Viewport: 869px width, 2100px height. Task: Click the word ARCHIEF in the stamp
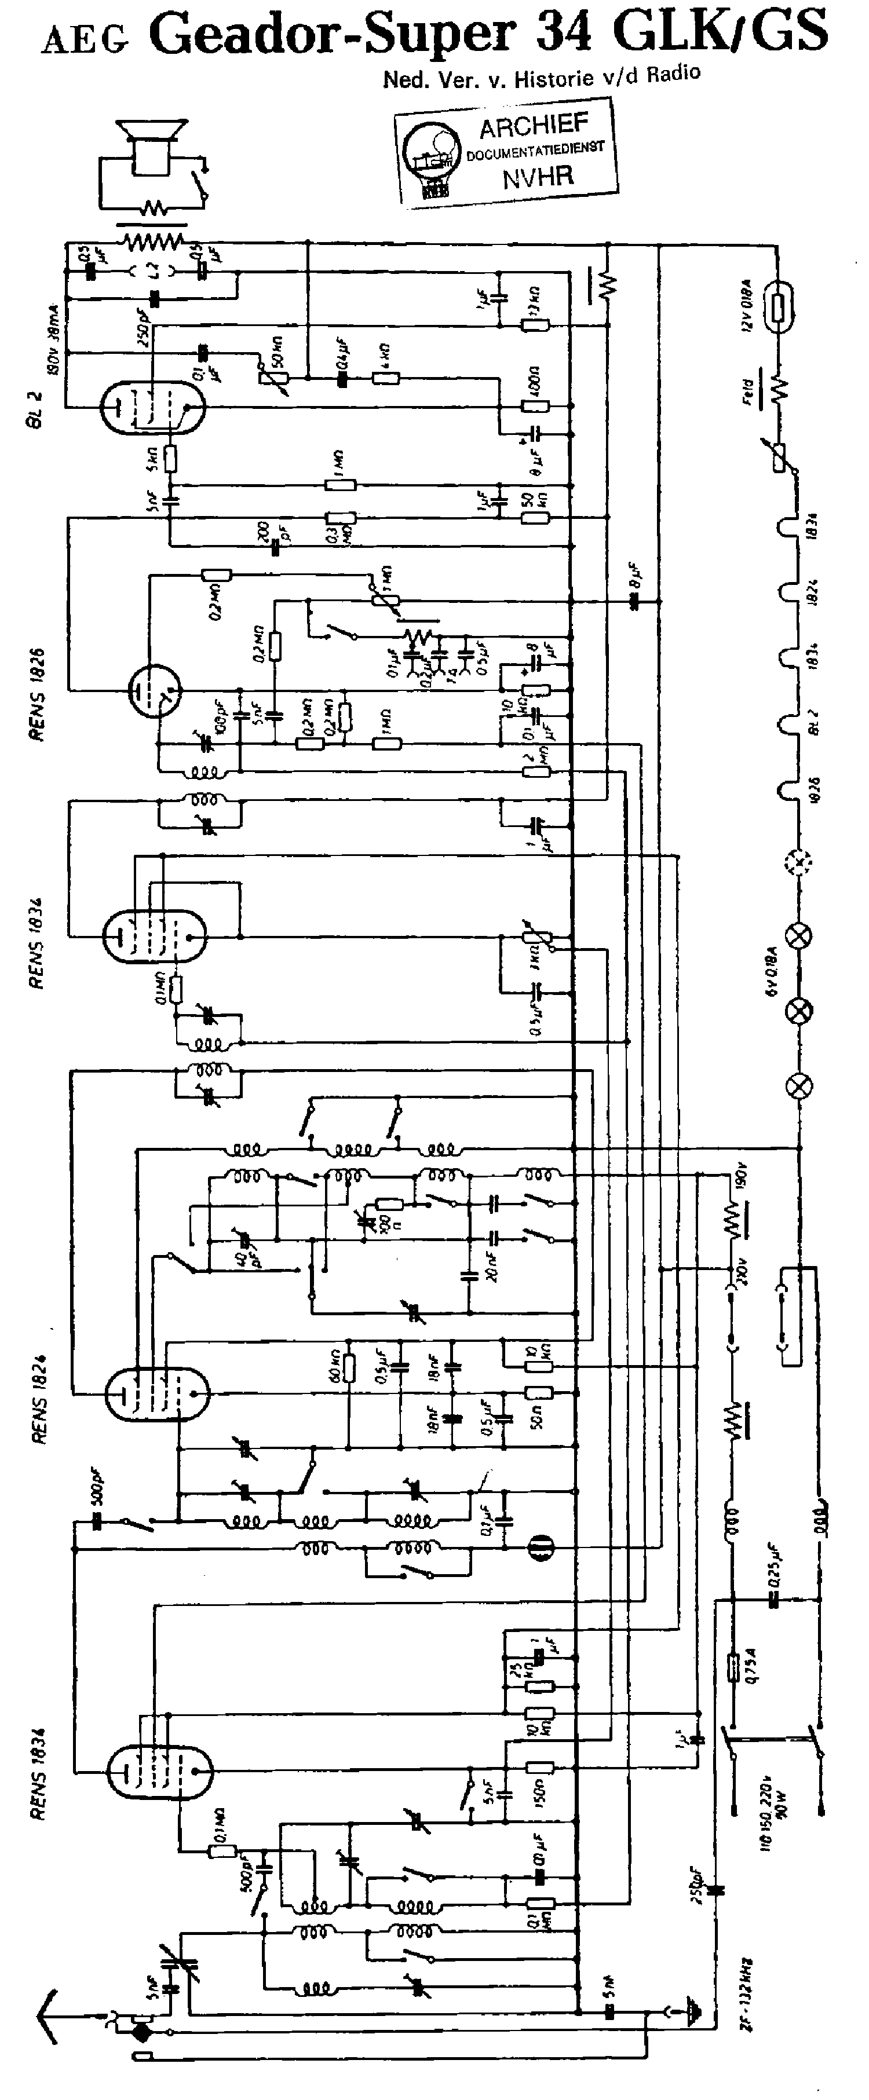point(533,126)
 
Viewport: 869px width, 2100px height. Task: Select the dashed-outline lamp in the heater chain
point(801,860)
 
